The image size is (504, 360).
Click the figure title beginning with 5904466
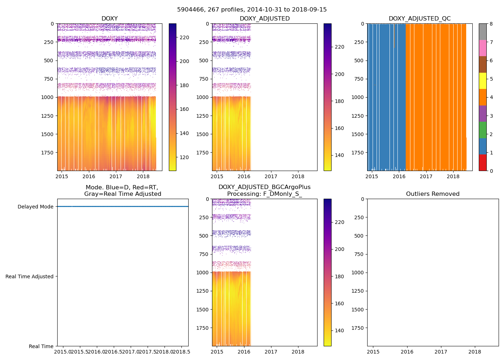pos(252,10)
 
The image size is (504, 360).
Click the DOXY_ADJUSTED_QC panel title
pos(419,19)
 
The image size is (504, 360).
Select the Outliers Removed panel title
pos(433,194)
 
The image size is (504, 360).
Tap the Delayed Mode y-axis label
pos(35,207)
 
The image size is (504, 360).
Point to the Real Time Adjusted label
pos(30,276)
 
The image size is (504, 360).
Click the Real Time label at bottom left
pos(41,346)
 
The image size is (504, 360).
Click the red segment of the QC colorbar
pos(482,162)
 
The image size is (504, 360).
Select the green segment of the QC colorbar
pos(482,130)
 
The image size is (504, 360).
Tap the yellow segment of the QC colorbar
pos(482,81)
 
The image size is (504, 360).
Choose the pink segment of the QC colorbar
pos(482,48)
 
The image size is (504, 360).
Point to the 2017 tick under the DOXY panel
pos(116,176)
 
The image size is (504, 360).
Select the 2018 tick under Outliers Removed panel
pos(475,352)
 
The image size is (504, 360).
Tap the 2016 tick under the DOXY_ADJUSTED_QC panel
pos(399,176)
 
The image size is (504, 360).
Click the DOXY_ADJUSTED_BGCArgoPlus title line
pos(264,187)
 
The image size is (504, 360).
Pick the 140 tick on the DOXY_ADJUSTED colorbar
pos(339,156)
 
